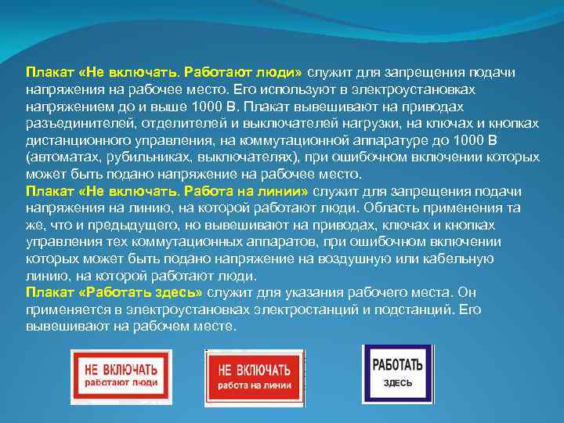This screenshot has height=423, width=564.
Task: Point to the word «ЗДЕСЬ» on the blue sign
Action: coord(397,384)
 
